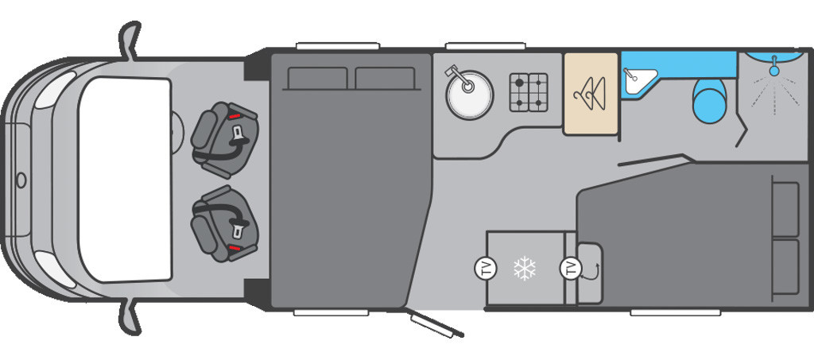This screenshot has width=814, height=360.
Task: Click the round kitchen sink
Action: point(469,95)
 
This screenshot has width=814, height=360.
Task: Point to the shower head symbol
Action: point(773,71)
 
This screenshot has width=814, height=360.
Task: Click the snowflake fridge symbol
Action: point(524,269)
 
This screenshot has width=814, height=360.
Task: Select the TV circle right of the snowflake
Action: point(571,269)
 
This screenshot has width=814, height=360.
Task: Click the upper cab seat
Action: point(224,140)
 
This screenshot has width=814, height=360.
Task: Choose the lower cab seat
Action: point(224,223)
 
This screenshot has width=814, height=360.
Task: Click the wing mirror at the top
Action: point(129,40)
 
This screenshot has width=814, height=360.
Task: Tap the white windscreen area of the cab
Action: point(125,179)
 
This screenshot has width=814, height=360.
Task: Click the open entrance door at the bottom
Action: point(435,323)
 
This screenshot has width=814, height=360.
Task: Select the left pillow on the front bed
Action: point(317,79)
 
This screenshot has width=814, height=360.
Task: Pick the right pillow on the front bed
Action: point(385,79)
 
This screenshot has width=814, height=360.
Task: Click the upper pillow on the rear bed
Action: point(785,208)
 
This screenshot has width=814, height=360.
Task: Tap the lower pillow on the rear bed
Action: point(785,267)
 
